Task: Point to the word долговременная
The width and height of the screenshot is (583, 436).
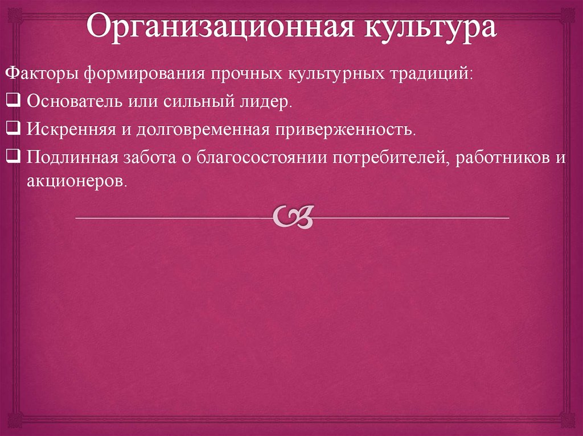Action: (203, 129)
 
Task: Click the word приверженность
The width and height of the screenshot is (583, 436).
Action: (347, 129)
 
